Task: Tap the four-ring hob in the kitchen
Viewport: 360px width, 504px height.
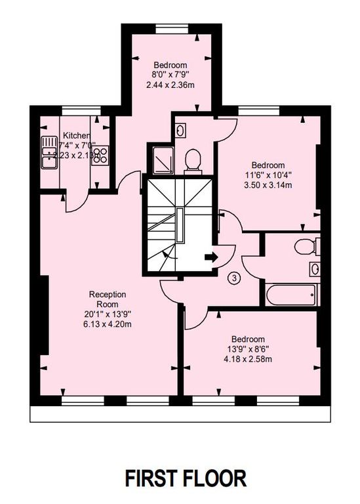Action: pyautogui.click(x=100, y=155)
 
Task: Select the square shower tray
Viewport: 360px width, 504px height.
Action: pyautogui.click(x=161, y=157)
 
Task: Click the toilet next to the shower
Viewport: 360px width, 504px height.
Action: pyautogui.click(x=192, y=160)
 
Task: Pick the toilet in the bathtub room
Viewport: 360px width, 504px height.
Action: pyautogui.click(x=306, y=247)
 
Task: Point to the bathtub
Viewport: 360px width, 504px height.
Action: pyautogui.click(x=292, y=293)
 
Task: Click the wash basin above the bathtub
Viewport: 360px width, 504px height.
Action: pyautogui.click(x=314, y=268)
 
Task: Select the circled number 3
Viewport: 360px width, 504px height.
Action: pyautogui.click(x=235, y=278)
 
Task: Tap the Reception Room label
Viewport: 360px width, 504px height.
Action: pyautogui.click(x=107, y=299)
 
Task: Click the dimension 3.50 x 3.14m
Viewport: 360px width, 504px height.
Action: pyautogui.click(x=268, y=186)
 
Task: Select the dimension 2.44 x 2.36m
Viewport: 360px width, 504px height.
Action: pyautogui.click(x=170, y=86)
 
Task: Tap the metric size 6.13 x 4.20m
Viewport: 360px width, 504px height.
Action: pyautogui.click(x=107, y=324)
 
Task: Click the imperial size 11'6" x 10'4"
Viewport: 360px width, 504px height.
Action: pyautogui.click(x=268, y=175)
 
